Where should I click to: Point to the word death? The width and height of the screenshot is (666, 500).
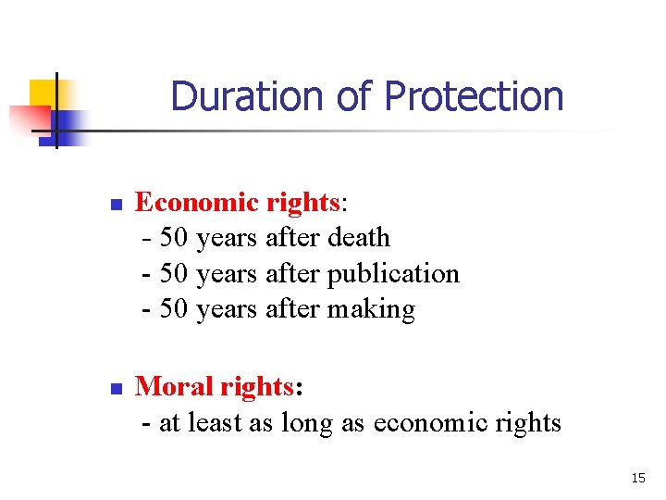pos(359,238)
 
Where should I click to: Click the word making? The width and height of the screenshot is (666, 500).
pos(371,309)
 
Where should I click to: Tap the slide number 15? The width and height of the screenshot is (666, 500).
pos(637,478)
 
